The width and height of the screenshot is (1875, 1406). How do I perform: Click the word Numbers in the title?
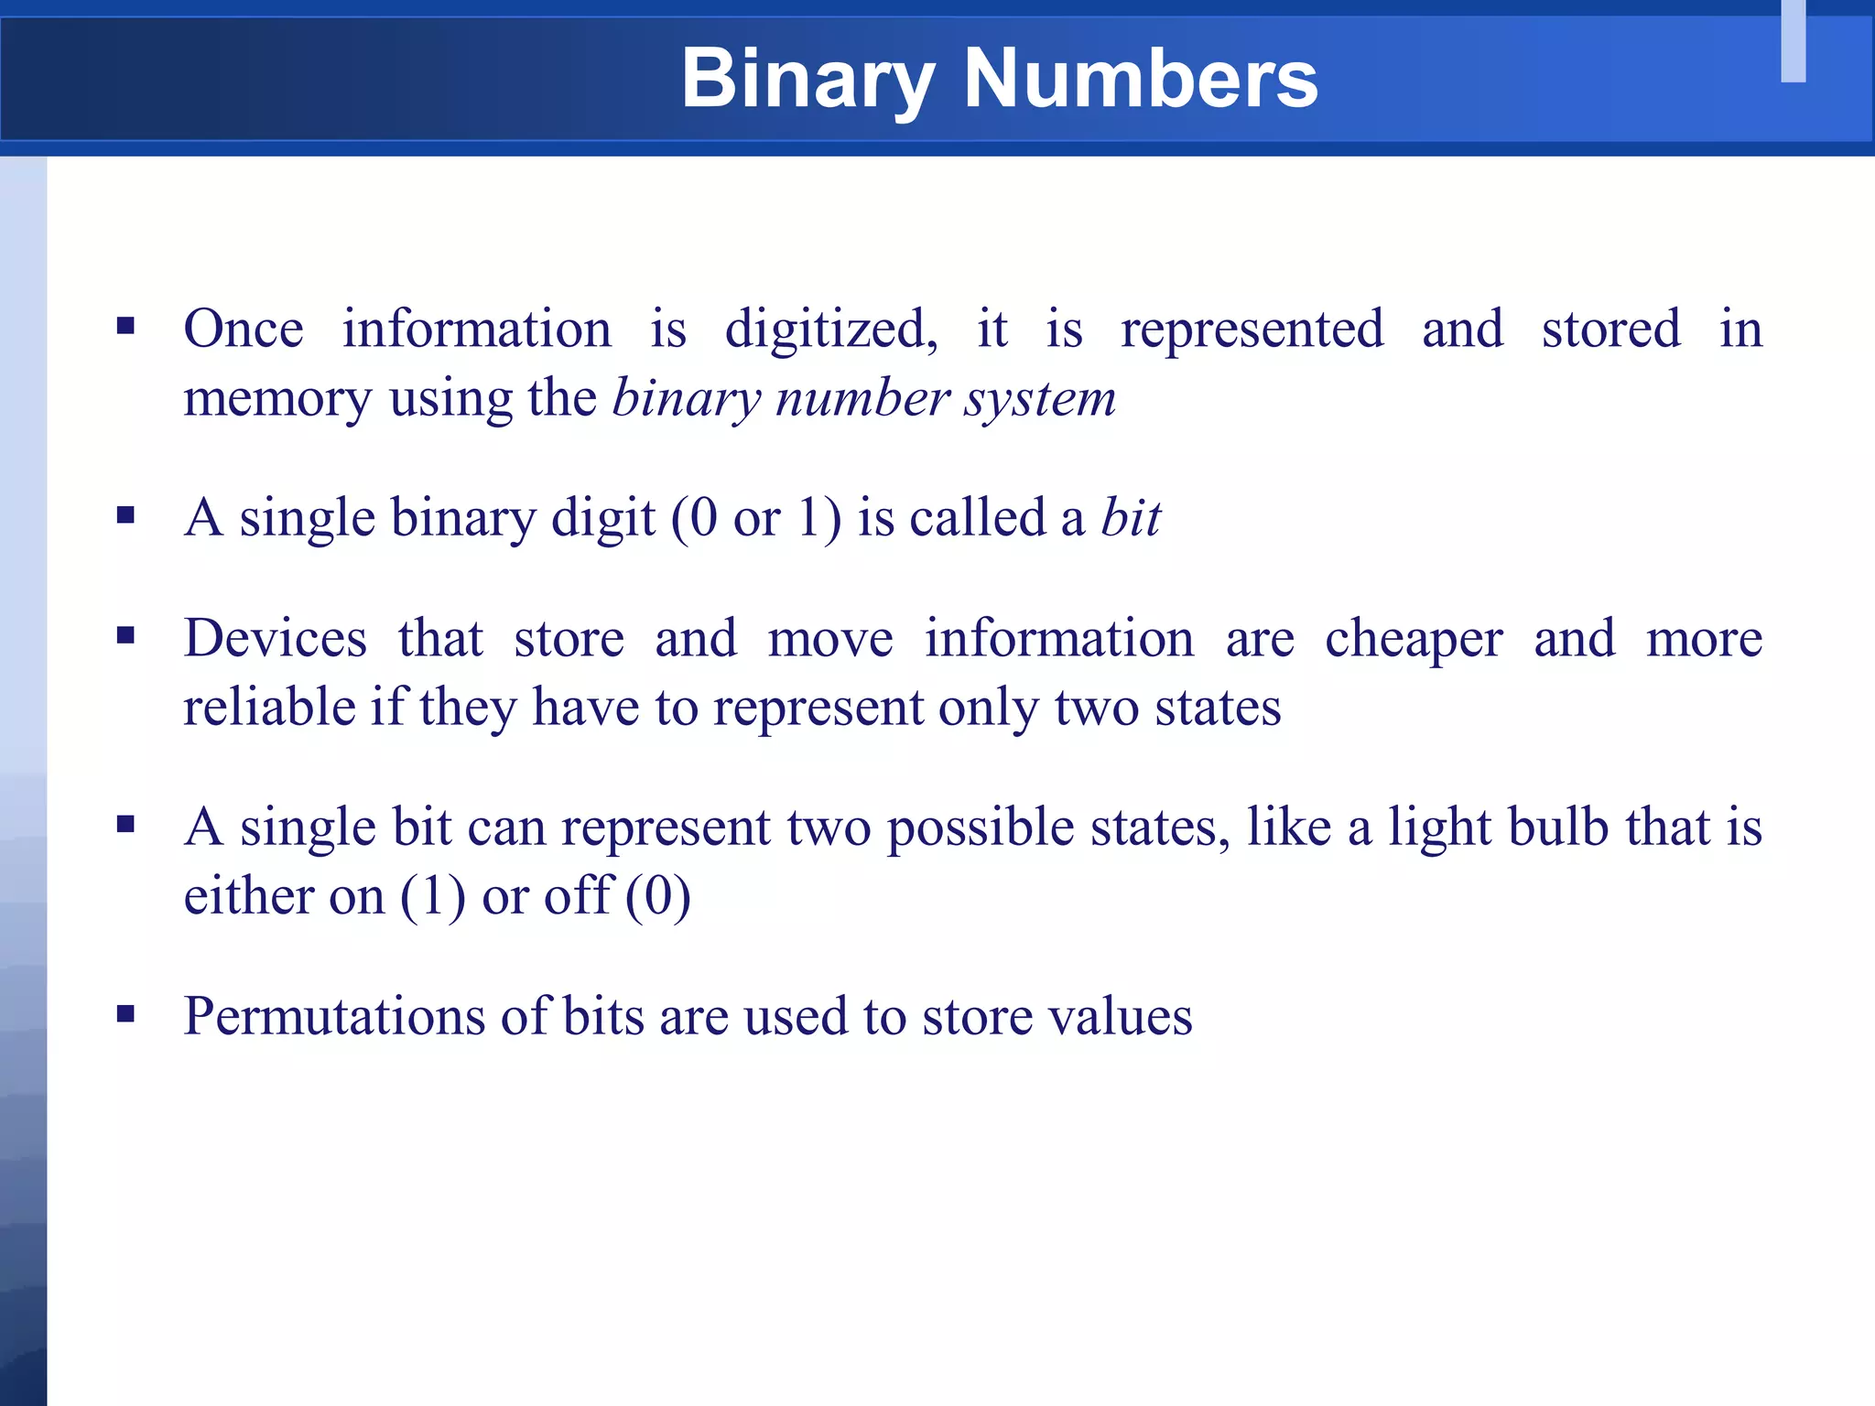[x=1140, y=80]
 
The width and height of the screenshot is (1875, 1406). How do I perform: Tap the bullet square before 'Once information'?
[x=126, y=326]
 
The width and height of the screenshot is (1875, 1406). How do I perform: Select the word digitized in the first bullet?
[x=830, y=330]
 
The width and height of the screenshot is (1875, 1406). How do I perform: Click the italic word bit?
[x=1132, y=518]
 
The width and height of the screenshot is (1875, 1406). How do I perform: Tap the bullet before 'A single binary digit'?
[x=126, y=515]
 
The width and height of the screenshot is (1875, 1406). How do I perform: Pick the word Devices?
[x=276, y=638]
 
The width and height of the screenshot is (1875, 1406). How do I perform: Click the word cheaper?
[x=1414, y=640]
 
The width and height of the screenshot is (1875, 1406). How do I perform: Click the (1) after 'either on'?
[x=433, y=897]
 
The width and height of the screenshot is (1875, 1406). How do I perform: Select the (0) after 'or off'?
[x=658, y=897]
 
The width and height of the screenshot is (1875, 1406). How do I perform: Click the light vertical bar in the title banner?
[x=1794, y=41]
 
